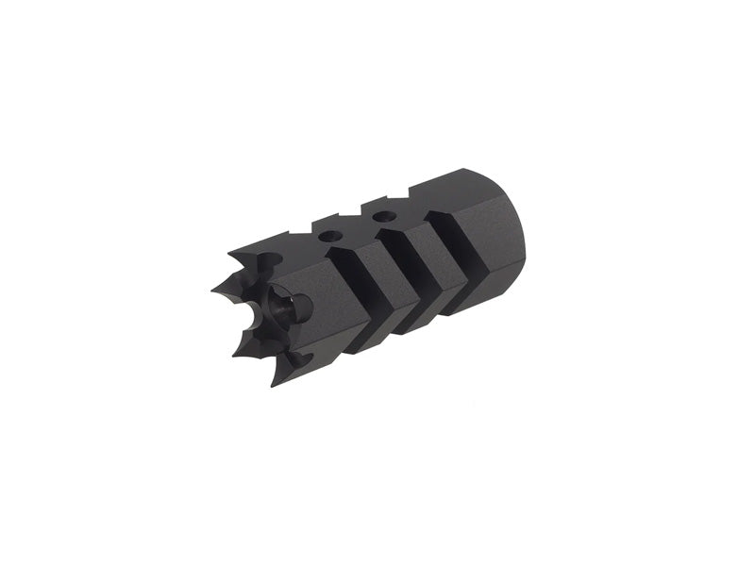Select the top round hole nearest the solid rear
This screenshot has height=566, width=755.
pos(381,217)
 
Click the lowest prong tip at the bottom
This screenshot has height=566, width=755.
pos(274,385)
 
